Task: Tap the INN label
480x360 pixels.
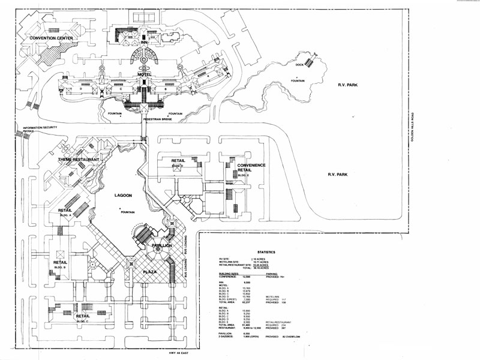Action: (144, 42)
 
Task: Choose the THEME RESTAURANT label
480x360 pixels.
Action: (78, 160)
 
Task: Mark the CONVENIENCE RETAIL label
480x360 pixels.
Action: (251, 167)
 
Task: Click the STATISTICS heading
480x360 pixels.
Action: (266, 252)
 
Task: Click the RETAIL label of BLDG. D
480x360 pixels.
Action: (178, 161)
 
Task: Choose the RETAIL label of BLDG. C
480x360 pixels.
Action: (82, 316)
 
